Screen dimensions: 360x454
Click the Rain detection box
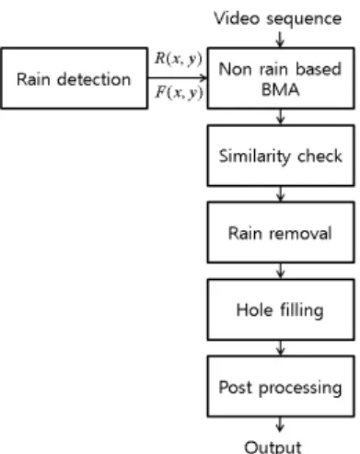[x=74, y=78]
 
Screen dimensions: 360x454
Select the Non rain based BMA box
[x=281, y=78]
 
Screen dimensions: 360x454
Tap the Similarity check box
[x=281, y=156]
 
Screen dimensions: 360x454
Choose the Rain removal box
[x=281, y=232]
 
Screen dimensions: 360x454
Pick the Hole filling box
[x=281, y=309]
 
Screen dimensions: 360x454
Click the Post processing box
[x=281, y=386]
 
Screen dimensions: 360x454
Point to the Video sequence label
[x=278, y=19]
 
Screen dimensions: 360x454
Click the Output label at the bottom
[x=273, y=448]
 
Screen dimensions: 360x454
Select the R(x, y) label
[x=179, y=59]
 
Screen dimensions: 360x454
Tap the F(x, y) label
[x=179, y=92]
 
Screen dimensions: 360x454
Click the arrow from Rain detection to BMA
[x=178, y=77]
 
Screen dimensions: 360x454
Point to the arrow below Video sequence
[x=280, y=40]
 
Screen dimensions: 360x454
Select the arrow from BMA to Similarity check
[x=280, y=117]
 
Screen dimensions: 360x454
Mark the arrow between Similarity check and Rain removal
[x=280, y=194]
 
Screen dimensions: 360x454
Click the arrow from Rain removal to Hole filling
[x=280, y=271]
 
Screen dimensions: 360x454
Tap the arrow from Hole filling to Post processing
[x=280, y=348]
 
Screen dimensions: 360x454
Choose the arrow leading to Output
[x=280, y=425]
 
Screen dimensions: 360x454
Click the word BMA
[x=280, y=90]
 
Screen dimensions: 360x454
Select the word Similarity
[x=254, y=157]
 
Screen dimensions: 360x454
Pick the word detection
[x=94, y=79]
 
